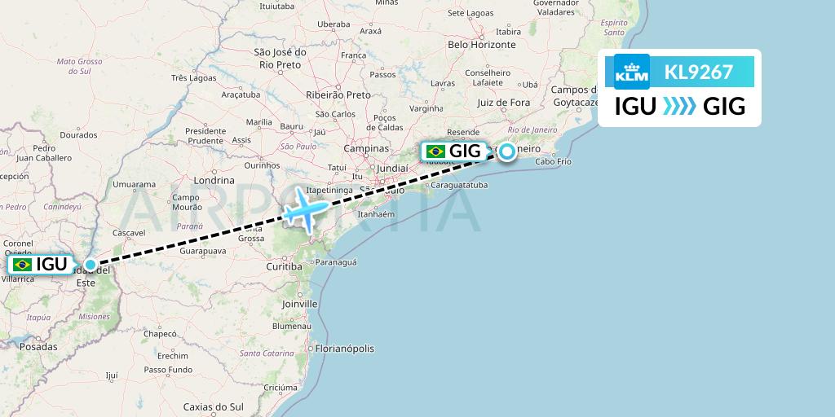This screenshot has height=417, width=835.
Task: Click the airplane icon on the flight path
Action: [x=304, y=210]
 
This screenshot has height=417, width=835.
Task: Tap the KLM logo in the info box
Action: [x=631, y=72]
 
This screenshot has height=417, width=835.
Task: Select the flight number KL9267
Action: [x=698, y=72]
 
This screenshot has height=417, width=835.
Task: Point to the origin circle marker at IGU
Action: [x=90, y=264]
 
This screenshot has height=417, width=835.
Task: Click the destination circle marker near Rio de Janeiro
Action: [x=507, y=151]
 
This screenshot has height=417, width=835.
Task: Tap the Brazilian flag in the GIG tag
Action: [x=435, y=151]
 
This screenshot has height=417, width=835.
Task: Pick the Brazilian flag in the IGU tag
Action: [x=22, y=265]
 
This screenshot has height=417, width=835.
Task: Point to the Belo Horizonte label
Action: [x=482, y=45]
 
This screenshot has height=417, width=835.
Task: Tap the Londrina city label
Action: [x=214, y=181]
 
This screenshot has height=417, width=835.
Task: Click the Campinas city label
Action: [x=366, y=149]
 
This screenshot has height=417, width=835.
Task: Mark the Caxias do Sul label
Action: [x=214, y=406]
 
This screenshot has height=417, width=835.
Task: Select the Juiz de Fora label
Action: [x=503, y=103]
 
